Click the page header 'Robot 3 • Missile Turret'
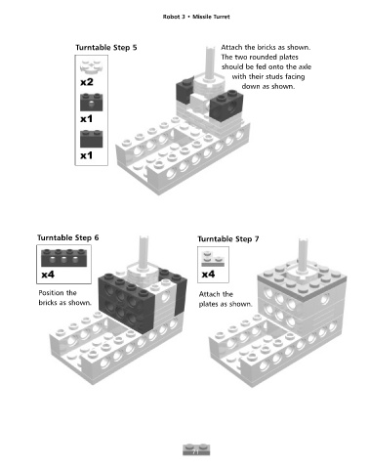(x=196, y=17)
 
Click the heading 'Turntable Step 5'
(x=106, y=48)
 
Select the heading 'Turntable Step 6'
(x=67, y=237)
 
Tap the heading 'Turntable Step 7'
(x=228, y=239)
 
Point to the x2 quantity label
(x=87, y=82)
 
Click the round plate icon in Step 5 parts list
(x=92, y=66)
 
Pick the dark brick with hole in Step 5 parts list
(x=92, y=103)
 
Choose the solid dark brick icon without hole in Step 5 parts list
(x=92, y=139)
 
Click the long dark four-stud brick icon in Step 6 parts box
(x=63, y=258)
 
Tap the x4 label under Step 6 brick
(x=48, y=275)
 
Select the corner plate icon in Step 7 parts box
(x=213, y=259)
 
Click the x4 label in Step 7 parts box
(x=208, y=275)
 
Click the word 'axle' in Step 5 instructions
(x=305, y=66)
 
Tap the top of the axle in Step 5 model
(x=210, y=48)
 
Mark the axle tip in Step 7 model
(x=303, y=240)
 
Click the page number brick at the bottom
(x=196, y=449)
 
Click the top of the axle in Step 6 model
(x=143, y=238)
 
